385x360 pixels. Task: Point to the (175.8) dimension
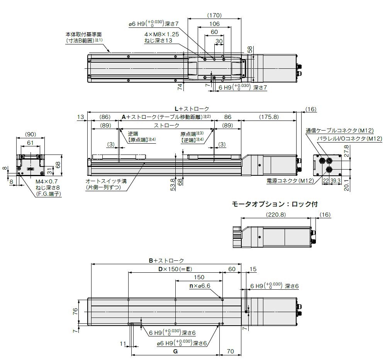tap(268, 116)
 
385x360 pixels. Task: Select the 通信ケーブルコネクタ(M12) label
tap(339, 130)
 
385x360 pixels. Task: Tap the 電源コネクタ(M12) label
tap(289, 180)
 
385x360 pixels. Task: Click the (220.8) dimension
tap(275, 215)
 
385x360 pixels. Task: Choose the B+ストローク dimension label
tap(166, 261)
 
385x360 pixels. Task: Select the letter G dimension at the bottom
tap(175, 352)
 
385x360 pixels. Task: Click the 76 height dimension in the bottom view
tap(75, 311)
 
